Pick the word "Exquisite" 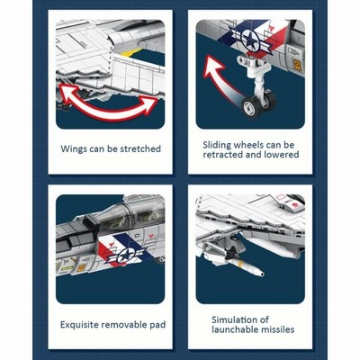pos(79,325)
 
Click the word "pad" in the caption pos(157,325)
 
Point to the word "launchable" pos(233,329)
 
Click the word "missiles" pos(275,329)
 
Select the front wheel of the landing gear pos(251,106)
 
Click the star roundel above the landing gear pos(249,40)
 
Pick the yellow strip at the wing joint pos(131,52)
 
